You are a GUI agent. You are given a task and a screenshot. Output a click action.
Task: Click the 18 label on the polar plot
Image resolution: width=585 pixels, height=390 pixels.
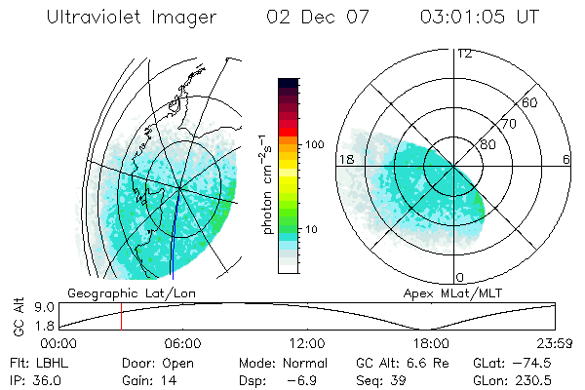(344, 159)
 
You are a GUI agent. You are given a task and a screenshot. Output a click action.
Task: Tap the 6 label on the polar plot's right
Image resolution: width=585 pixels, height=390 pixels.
(566, 159)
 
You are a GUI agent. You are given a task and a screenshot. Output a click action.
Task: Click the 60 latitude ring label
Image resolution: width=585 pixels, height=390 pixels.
(530, 102)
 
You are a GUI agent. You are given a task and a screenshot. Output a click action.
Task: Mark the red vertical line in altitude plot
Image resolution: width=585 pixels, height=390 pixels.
(121, 317)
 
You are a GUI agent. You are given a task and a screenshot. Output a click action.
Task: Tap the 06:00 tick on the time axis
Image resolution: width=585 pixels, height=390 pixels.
(182, 343)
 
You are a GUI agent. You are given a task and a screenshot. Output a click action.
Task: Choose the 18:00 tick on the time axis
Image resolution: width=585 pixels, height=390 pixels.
(431, 343)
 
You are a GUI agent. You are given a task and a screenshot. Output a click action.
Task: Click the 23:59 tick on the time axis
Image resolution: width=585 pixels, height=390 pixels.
(554, 343)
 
